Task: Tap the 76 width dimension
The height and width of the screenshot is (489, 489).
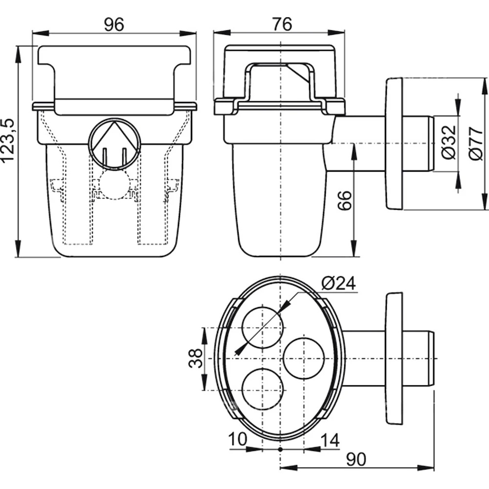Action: [282, 24]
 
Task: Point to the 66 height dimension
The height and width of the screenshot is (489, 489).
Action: [345, 201]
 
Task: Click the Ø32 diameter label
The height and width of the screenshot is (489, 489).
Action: [449, 142]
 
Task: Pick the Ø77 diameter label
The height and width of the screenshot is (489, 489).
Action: [476, 144]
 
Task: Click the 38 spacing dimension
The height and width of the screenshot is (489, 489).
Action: [196, 358]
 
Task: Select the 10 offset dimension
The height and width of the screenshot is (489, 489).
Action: [238, 440]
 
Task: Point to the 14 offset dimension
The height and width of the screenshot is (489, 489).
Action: [330, 440]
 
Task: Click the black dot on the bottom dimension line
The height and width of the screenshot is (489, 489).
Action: [280, 449]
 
